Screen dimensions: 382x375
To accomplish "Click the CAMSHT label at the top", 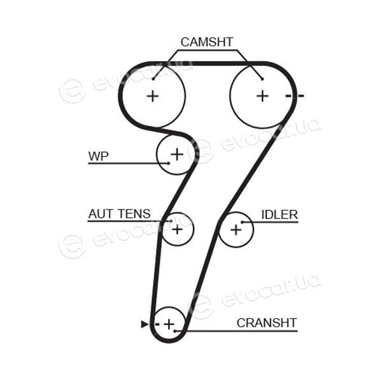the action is [x=207, y=42].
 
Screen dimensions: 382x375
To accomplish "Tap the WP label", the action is [x=99, y=156].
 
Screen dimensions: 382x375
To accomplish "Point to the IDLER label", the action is [x=279, y=215].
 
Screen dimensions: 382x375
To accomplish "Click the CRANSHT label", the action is [x=267, y=323].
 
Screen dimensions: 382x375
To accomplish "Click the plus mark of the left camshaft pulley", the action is [x=153, y=96].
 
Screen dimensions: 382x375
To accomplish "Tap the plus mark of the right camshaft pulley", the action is [x=262, y=96].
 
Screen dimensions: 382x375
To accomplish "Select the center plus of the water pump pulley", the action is [x=177, y=154].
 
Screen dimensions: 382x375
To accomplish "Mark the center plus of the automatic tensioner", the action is [x=177, y=230].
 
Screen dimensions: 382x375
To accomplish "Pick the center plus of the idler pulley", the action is [x=236, y=230].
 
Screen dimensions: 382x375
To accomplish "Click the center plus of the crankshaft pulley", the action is [x=169, y=324].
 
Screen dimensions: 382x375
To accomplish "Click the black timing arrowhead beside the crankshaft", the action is [x=145, y=324].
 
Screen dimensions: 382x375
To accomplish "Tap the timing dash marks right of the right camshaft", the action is [x=295, y=96].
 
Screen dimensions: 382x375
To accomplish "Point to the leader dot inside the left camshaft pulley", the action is [x=153, y=79].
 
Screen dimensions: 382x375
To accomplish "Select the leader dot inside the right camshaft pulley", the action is [x=262, y=79].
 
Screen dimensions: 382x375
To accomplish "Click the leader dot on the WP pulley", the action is [x=168, y=163].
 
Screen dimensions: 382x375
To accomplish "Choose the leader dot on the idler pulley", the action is [x=243, y=222].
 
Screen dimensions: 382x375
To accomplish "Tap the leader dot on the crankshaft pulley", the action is [x=174, y=331].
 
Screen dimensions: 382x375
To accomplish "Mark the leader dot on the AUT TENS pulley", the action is [x=171, y=221].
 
